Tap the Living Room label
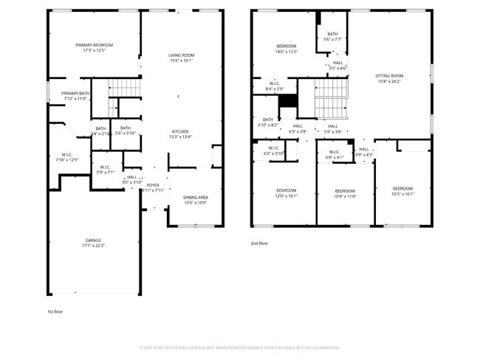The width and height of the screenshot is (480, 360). tap(181, 58)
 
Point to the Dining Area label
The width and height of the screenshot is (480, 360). tap(195, 199)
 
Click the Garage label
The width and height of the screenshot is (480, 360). tap(93, 243)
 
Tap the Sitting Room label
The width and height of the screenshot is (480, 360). tap(389, 78)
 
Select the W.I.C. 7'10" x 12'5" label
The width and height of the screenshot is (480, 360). tap(66, 157)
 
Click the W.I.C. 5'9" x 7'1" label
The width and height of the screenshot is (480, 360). tap(105, 170)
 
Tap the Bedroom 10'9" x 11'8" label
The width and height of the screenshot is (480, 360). tap(346, 194)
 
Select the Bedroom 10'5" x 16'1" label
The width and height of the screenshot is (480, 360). tap(402, 191)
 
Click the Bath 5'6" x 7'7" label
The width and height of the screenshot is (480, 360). tap(332, 36)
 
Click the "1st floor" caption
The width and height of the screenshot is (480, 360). tap(55, 312)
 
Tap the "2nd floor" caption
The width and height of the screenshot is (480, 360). tap(259, 243)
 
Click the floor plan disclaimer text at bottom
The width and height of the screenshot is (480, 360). tap(240, 347)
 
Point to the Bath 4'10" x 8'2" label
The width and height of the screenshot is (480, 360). tap(267, 122)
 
